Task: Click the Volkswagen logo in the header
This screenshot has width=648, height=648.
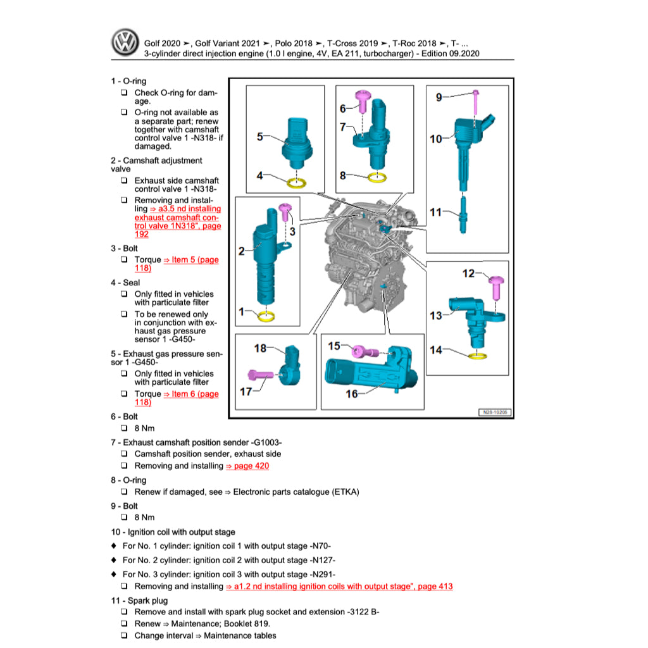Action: coord(124,44)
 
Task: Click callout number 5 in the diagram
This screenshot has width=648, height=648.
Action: coord(260,135)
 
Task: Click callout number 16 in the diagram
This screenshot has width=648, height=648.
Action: coord(352,394)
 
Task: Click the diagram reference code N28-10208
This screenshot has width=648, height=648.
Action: coord(494,412)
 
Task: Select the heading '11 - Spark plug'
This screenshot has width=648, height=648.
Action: coord(139,601)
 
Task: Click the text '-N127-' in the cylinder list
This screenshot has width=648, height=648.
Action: coord(322,560)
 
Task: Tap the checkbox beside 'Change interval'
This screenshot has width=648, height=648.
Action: coord(124,635)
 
